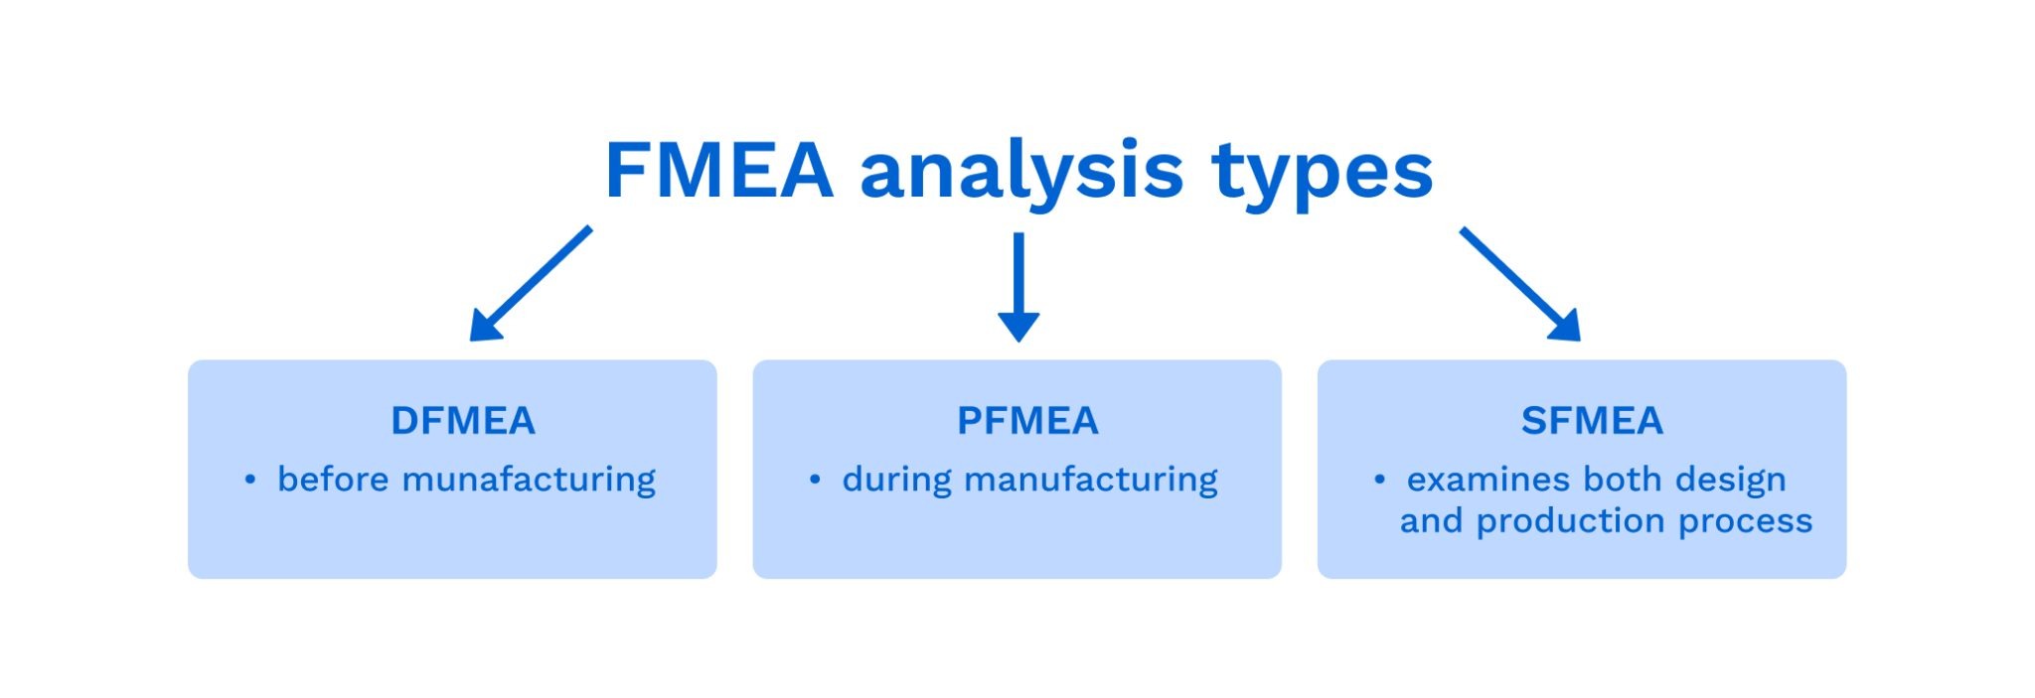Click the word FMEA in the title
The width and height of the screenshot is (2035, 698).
(717, 171)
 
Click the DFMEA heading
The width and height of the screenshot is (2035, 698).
(463, 421)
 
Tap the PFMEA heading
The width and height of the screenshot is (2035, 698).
(1027, 421)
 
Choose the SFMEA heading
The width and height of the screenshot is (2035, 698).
(1592, 421)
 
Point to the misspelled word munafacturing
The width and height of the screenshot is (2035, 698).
(529, 480)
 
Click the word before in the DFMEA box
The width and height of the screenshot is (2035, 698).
(333, 480)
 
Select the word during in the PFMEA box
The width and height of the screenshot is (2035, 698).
(896, 481)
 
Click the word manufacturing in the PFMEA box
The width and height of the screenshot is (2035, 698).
(1090, 481)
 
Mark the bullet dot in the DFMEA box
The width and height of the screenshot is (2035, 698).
(250, 481)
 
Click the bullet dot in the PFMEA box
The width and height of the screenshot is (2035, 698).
(815, 481)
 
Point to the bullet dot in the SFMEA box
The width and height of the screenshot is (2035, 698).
(1379, 481)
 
